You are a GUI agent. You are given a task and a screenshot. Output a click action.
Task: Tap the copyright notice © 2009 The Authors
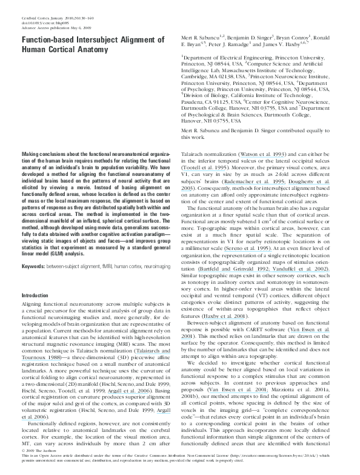click(x=40, y=451)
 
